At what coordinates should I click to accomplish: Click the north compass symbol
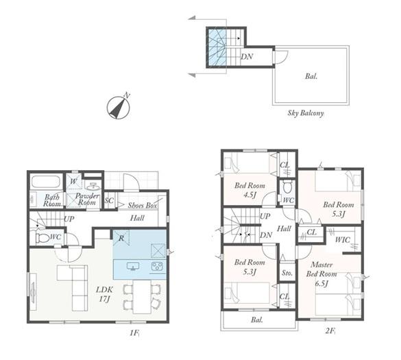[118, 108]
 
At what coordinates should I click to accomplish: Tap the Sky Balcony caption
[305, 113]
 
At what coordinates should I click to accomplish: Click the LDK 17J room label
[104, 294]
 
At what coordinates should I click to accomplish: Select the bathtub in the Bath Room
[46, 182]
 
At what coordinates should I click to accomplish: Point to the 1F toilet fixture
[42, 238]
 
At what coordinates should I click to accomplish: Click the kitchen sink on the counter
[133, 266]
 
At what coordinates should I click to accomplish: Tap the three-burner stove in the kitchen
[157, 267]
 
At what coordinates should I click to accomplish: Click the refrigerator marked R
[121, 238]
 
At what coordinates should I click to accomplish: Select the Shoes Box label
[142, 205]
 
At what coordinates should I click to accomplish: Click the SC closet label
[109, 200]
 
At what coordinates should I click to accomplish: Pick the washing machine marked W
[73, 182]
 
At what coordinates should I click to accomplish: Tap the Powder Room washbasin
[93, 187]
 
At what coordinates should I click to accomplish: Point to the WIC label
[343, 240]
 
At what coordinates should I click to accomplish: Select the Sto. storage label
[287, 273]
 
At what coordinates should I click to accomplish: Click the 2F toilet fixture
[287, 187]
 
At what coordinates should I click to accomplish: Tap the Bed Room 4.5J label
[250, 189]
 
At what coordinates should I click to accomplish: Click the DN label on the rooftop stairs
[247, 56]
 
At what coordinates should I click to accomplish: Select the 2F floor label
[330, 331]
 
